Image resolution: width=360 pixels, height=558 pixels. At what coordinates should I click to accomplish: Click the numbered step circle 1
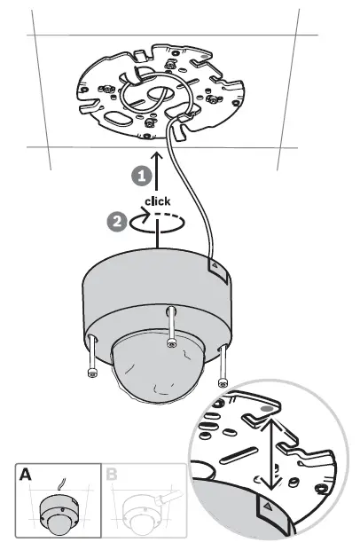tap(140, 177)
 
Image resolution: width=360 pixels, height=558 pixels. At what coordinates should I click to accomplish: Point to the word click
tap(157, 201)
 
